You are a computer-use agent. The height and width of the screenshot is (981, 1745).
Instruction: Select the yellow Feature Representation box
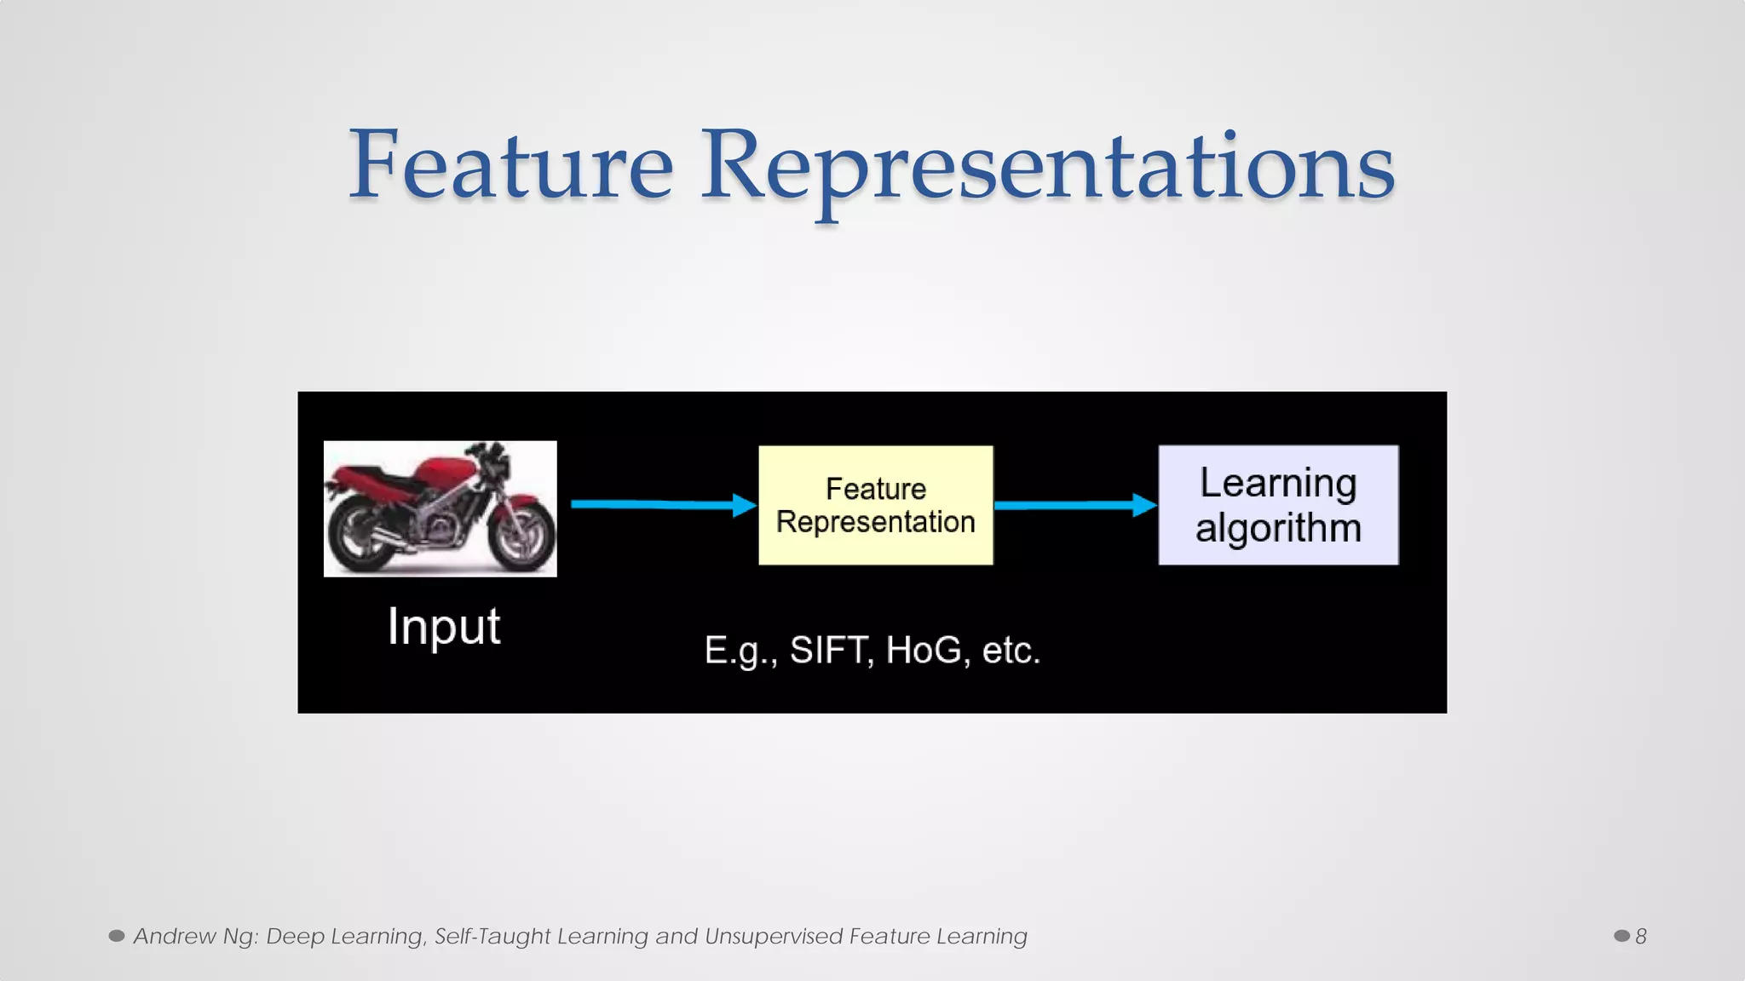(x=876, y=505)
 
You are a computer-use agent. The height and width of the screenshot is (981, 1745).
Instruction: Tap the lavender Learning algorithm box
(x=1278, y=505)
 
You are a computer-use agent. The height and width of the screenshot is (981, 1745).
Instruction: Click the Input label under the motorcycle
(x=443, y=627)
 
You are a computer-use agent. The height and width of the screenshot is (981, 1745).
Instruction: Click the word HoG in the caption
(x=924, y=651)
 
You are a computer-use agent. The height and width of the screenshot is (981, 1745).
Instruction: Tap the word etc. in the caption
(x=1011, y=651)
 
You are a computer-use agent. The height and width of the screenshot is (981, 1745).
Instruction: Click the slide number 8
(x=1640, y=937)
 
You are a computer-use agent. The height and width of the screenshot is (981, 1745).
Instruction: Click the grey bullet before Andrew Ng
(x=117, y=936)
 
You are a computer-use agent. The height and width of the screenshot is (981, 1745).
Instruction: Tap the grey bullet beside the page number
(x=1621, y=936)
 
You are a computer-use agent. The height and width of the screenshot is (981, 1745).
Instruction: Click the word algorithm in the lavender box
(x=1278, y=528)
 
